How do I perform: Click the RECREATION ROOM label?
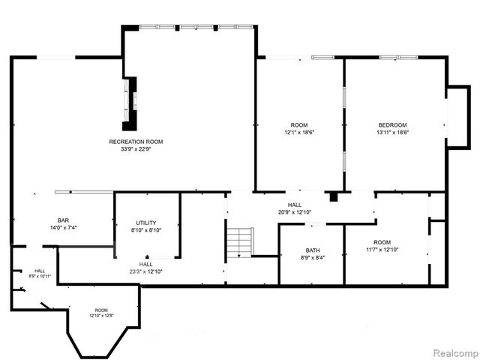click(x=136, y=142)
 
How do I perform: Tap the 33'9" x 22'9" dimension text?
click(x=136, y=149)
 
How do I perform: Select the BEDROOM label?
click(x=392, y=124)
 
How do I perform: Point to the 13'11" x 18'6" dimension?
click(x=392, y=132)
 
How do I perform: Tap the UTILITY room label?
click(x=146, y=223)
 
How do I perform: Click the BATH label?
click(x=313, y=250)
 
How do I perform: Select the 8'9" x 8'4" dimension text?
click(x=313, y=257)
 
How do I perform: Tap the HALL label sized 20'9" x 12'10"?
click(x=294, y=205)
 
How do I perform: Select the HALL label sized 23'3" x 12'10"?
click(x=146, y=264)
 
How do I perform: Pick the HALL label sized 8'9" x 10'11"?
click(x=39, y=271)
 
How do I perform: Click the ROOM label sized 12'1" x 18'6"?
click(x=299, y=124)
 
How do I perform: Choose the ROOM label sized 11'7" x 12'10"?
click(x=383, y=242)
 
